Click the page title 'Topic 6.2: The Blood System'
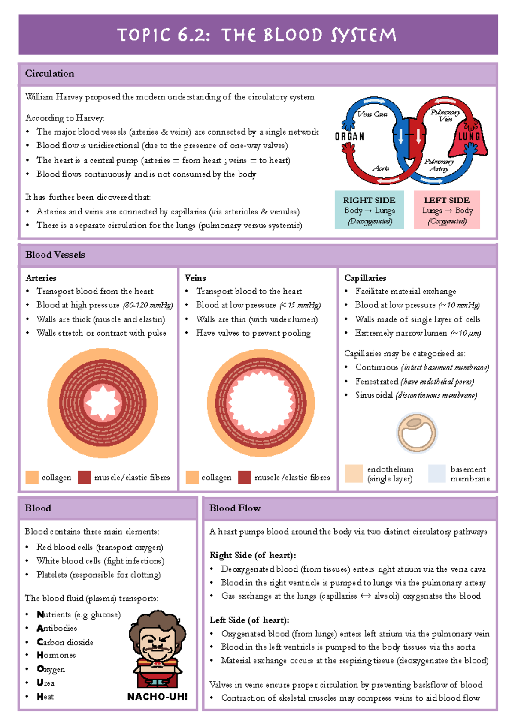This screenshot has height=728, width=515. [257, 35]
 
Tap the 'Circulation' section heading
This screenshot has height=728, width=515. [49, 74]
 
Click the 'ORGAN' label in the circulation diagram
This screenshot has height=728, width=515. [349, 137]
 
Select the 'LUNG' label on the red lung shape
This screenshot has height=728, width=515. [469, 137]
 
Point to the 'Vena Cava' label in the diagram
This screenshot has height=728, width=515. [372, 114]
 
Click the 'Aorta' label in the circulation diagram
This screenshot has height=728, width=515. [381, 168]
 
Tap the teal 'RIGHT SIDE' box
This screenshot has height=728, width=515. [369, 210]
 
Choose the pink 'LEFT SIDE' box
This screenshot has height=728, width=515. [447, 210]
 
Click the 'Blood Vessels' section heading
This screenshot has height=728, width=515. [55, 255]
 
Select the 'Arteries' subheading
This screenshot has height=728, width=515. [41, 278]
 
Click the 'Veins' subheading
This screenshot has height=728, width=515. [195, 278]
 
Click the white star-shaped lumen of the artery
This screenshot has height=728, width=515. [103, 403]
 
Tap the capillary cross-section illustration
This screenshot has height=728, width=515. [416, 433]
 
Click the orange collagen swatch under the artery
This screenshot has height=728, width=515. [32, 477]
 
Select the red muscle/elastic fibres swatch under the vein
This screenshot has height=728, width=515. [245, 477]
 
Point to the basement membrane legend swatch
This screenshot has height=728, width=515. [437, 474]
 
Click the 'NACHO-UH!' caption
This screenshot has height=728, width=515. [157, 697]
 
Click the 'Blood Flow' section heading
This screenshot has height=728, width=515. [235, 508]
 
